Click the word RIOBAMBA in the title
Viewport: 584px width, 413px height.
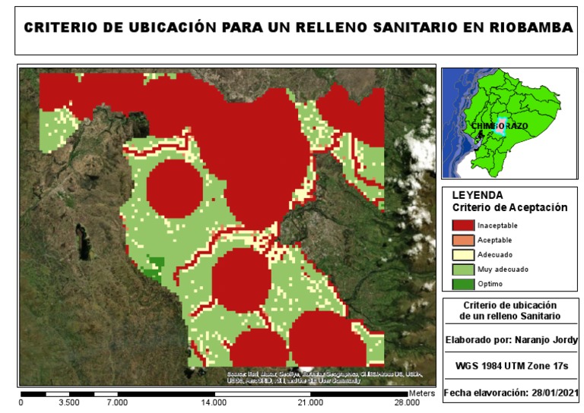click(529, 27)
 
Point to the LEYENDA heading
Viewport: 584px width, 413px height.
click(477, 195)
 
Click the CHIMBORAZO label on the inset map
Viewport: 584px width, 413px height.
click(499, 125)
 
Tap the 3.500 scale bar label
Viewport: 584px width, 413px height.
click(68, 402)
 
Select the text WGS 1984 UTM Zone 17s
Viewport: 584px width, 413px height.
click(510, 366)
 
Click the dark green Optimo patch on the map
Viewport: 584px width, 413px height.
click(154, 266)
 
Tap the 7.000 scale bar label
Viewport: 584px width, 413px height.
click(116, 402)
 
